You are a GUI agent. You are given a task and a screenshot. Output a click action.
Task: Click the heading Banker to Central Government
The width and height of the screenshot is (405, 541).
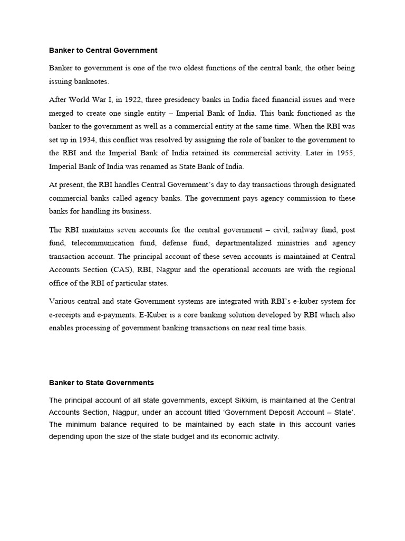coord(103,51)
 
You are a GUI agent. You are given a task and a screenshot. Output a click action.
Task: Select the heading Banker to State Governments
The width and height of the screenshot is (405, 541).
coord(101,382)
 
